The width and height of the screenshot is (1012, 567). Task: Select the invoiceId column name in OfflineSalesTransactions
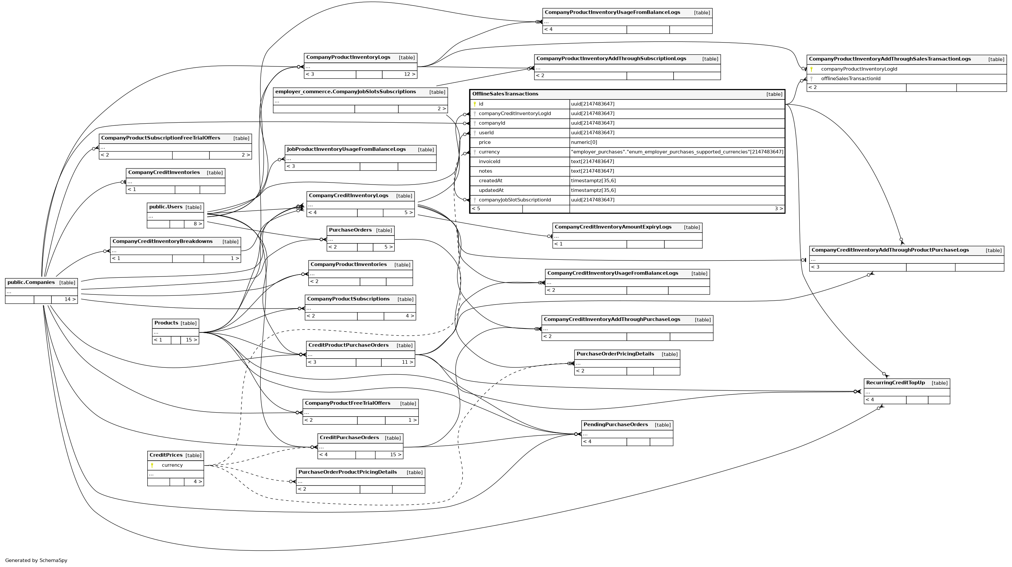[489, 161]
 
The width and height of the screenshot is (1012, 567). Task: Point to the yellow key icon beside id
[475, 104]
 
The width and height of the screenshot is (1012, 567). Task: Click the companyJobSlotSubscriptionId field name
[514, 200]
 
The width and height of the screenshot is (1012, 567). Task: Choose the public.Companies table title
[31, 282]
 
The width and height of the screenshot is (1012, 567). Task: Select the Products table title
[166, 323]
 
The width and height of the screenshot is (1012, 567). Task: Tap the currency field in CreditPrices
[172, 465]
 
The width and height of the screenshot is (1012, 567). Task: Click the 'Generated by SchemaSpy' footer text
[36, 560]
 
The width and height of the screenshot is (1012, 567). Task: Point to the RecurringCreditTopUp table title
[895, 382]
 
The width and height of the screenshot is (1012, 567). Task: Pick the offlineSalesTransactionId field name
[851, 79]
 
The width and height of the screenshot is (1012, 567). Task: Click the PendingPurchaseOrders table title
[615, 424]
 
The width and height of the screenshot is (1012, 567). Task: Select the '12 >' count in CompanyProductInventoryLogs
[409, 74]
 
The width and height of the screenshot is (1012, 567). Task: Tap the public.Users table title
[166, 207]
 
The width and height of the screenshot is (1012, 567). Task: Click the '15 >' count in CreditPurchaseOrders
[395, 455]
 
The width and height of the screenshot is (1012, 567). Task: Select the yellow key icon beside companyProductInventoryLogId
[811, 69]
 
